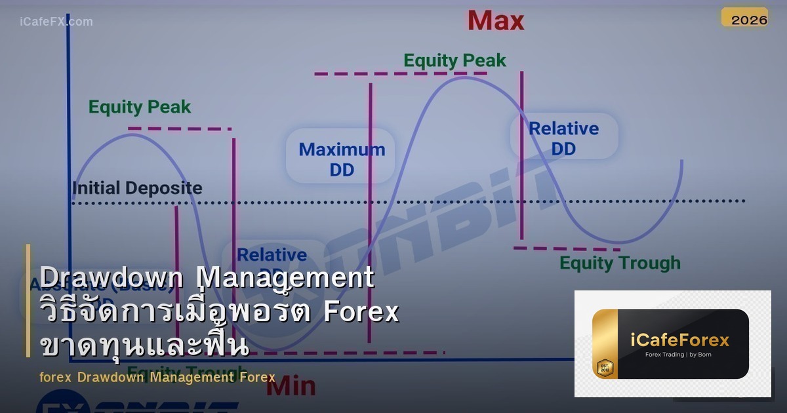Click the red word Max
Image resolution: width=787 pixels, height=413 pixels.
(496, 20)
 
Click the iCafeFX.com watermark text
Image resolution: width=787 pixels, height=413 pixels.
(56, 22)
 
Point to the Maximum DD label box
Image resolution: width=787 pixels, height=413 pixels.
(341, 159)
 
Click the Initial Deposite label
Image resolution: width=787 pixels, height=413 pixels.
(137, 188)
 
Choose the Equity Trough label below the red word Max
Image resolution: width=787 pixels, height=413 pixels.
(619, 263)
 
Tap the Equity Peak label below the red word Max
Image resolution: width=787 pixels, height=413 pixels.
(454, 61)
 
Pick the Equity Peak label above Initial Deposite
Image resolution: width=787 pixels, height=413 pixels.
(140, 107)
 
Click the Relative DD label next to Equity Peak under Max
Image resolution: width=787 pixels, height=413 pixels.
(563, 138)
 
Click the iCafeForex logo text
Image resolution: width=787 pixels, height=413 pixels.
(679, 340)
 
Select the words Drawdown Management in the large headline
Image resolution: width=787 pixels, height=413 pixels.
(207, 278)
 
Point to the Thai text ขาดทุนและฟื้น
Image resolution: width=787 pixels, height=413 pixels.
(144, 344)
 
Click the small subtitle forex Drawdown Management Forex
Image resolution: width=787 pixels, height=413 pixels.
(157, 377)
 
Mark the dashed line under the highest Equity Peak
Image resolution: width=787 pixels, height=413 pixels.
(400, 74)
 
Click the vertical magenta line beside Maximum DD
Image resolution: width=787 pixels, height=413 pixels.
(370, 210)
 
